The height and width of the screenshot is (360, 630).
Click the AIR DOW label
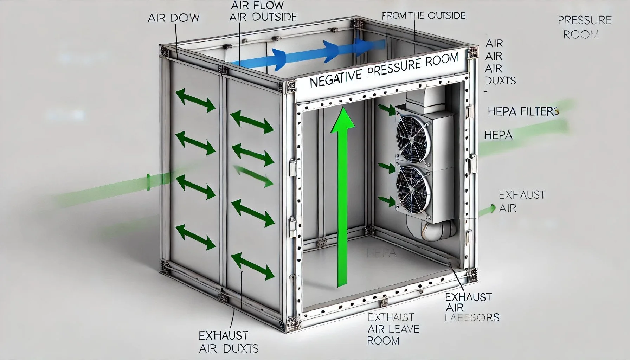[174, 18]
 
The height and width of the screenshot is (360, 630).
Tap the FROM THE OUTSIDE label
[423, 16]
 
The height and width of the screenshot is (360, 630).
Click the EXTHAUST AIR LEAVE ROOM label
[393, 329]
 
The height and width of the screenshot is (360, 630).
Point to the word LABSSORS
[472, 317]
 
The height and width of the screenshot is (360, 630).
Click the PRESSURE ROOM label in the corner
[584, 27]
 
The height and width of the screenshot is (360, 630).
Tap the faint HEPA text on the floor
[381, 253]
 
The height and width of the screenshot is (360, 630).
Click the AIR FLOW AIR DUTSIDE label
[263, 11]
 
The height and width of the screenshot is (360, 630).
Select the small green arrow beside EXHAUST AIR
[488, 210]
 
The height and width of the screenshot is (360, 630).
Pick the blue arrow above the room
[309, 53]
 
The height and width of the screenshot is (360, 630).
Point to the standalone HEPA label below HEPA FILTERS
[498, 135]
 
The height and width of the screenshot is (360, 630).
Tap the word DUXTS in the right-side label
[500, 81]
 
